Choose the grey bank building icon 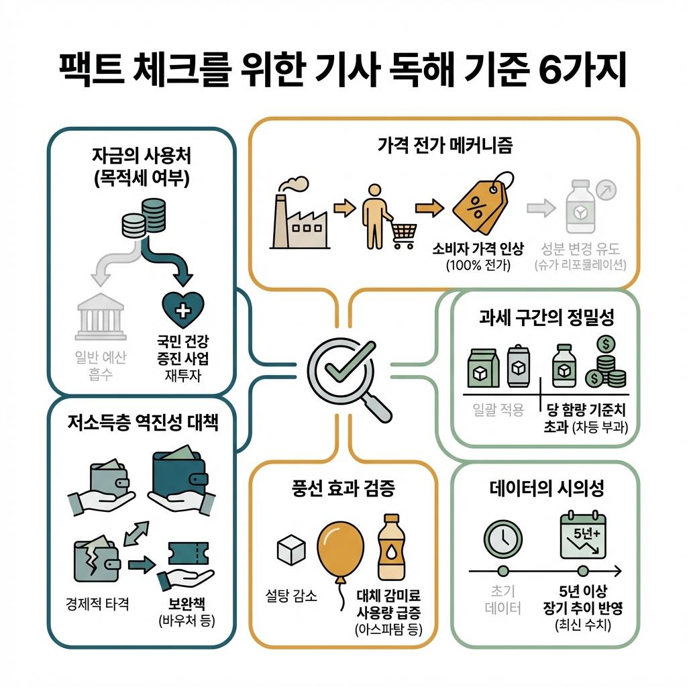101,315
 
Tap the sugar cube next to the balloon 291,549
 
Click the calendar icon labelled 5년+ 582,536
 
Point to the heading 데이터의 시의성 547,488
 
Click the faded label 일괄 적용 499,410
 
